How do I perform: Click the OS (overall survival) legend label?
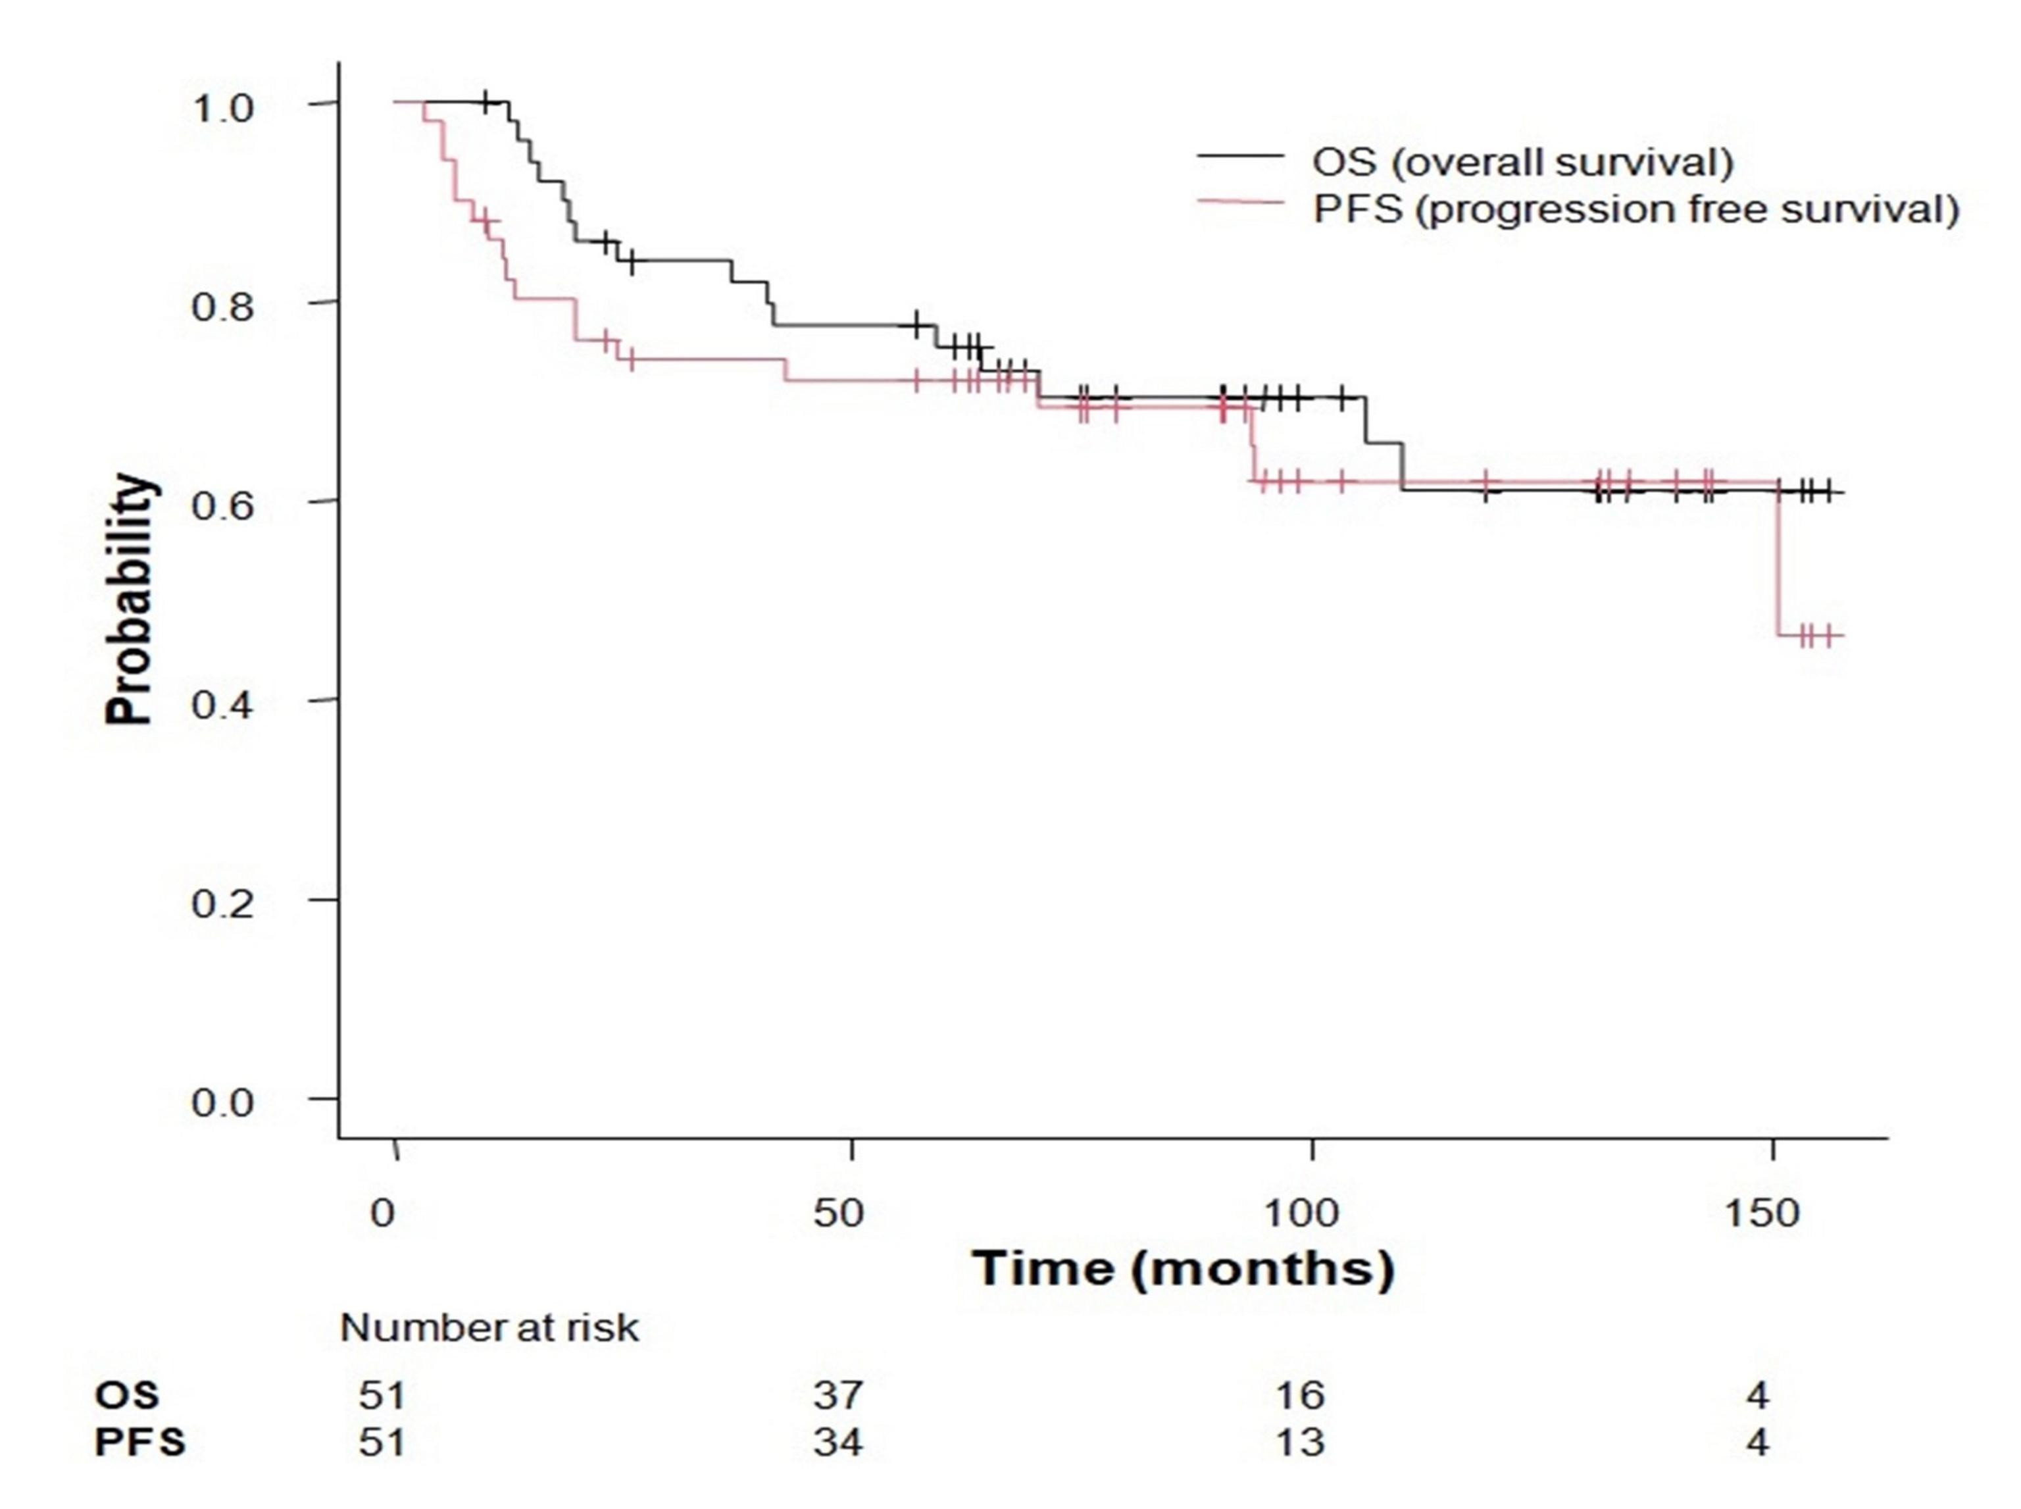pyautogui.click(x=1522, y=162)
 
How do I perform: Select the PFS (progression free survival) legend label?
pyautogui.click(x=1635, y=210)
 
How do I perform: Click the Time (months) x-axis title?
pyautogui.click(x=1184, y=1268)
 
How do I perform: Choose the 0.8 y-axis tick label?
pyautogui.click(x=221, y=307)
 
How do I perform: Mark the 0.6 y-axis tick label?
pyautogui.click(x=221, y=505)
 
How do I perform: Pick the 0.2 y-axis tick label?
pyautogui.click(x=221, y=904)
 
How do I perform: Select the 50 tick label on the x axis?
pyautogui.click(x=838, y=1213)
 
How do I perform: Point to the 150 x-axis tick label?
pyautogui.click(x=1760, y=1213)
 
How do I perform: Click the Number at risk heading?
pyautogui.click(x=489, y=1328)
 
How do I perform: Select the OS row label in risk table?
pyautogui.click(x=127, y=1394)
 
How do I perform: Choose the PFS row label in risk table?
pyautogui.click(x=139, y=1443)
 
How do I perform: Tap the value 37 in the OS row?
pyautogui.click(x=838, y=1394)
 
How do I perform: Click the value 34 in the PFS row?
pyautogui.click(x=838, y=1443)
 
